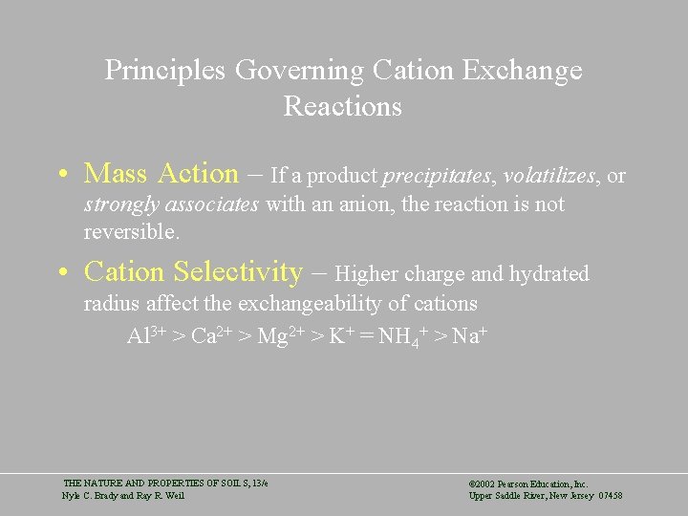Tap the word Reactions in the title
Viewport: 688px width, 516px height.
(342, 106)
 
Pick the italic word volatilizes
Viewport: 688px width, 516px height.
(551, 176)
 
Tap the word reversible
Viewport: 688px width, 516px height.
(131, 232)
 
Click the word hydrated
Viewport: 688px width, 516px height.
(548, 274)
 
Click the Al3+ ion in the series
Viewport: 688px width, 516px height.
(146, 335)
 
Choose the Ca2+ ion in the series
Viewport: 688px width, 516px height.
(212, 335)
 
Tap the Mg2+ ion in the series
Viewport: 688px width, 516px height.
(280, 335)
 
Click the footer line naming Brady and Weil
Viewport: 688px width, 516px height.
(123, 495)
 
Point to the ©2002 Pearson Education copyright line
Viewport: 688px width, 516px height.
(528, 484)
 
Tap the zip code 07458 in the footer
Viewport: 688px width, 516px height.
(608, 495)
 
